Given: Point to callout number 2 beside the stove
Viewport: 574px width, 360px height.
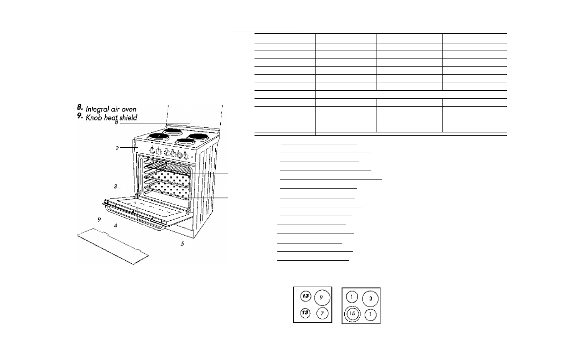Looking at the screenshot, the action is pos(117,148).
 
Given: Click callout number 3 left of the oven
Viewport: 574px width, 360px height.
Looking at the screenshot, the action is pos(115,186).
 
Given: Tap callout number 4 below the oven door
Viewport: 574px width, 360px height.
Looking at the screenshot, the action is pos(116,225).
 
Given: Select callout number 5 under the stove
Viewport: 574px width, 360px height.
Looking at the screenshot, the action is pos(182,243).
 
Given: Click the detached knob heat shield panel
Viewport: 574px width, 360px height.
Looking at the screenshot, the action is pos(113,246).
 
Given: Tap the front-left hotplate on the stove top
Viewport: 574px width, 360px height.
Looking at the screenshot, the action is pos(159,136).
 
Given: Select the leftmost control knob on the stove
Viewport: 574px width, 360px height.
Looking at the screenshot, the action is pos(153,150).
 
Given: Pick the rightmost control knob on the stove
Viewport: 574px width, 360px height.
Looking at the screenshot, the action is pos(187,155).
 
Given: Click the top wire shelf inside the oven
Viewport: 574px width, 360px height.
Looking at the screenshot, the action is pos(168,167).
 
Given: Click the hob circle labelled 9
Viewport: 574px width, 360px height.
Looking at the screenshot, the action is pos(322,298).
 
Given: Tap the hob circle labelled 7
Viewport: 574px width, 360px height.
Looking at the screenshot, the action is pos(322,313).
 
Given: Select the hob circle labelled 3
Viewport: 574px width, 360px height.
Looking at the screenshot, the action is pos(370,299).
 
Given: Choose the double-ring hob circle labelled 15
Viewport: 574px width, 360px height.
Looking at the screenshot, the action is pos(352,314).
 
